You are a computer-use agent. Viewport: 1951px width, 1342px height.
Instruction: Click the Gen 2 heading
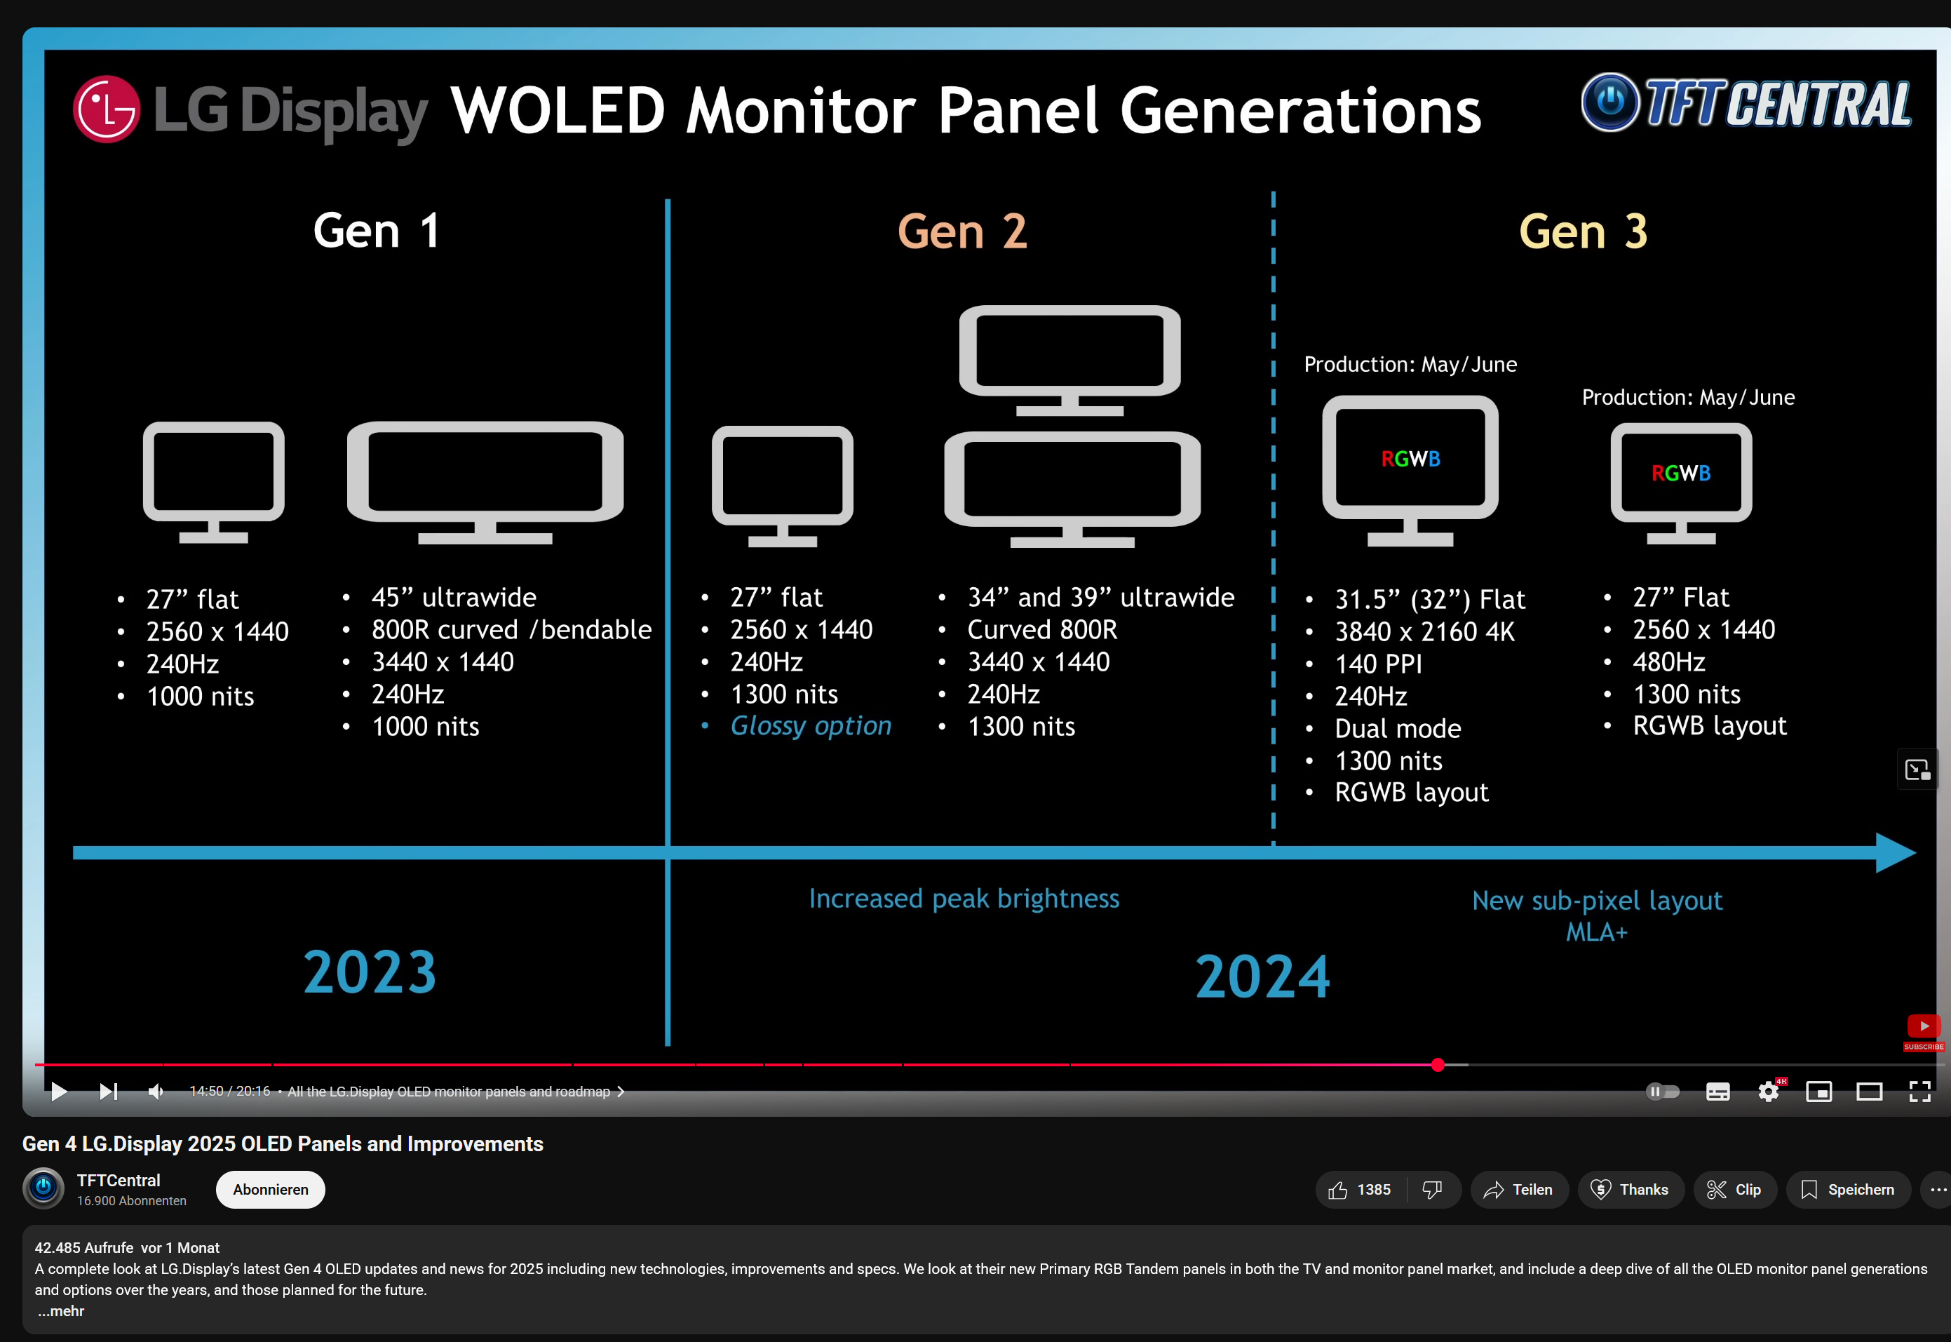pyautogui.click(x=961, y=232)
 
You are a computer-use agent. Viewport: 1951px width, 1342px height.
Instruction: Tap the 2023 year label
pyautogui.click(x=370, y=972)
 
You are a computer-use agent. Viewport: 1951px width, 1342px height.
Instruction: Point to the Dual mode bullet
pyautogui.click(x=1398, y=728)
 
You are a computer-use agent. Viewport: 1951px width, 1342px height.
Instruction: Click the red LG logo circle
pyautogui.click(x=107, y=109)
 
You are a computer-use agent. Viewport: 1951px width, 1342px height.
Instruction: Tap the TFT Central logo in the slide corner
pyautogui.click(x=1746, y=102)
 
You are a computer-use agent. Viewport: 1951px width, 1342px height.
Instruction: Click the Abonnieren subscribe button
pyautogui.click(x=271, y=1190)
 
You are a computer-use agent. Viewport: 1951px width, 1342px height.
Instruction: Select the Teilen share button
pyautogui.click(x=1519, y=1190)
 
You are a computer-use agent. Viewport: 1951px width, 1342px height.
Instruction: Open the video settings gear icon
pyautogui.click(x=1769, y=1092)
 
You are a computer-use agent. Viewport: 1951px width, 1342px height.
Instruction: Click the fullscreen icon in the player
pyautogui.click(x=1920, y=1092)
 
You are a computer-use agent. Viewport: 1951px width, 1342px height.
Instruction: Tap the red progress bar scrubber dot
pyautogui.click(x=1438, y=1066)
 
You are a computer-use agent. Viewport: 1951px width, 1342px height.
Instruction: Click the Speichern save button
pyautogui.click(x=1848, y=1190)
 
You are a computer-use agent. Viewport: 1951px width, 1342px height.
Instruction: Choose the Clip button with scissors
pyautogui.click(x=1735, y=1190)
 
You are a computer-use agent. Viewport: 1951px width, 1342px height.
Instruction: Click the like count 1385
pyautogui.click(x=1374, y=1190)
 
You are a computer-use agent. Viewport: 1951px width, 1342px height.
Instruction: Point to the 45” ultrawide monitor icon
pyautogui.click(x=485, y=482)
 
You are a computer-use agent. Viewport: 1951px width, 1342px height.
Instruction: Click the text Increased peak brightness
pyautogui.click(x=964, y=899)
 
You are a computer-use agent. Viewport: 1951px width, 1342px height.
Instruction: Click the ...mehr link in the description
pyautogui.click(x=60, y=1311)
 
